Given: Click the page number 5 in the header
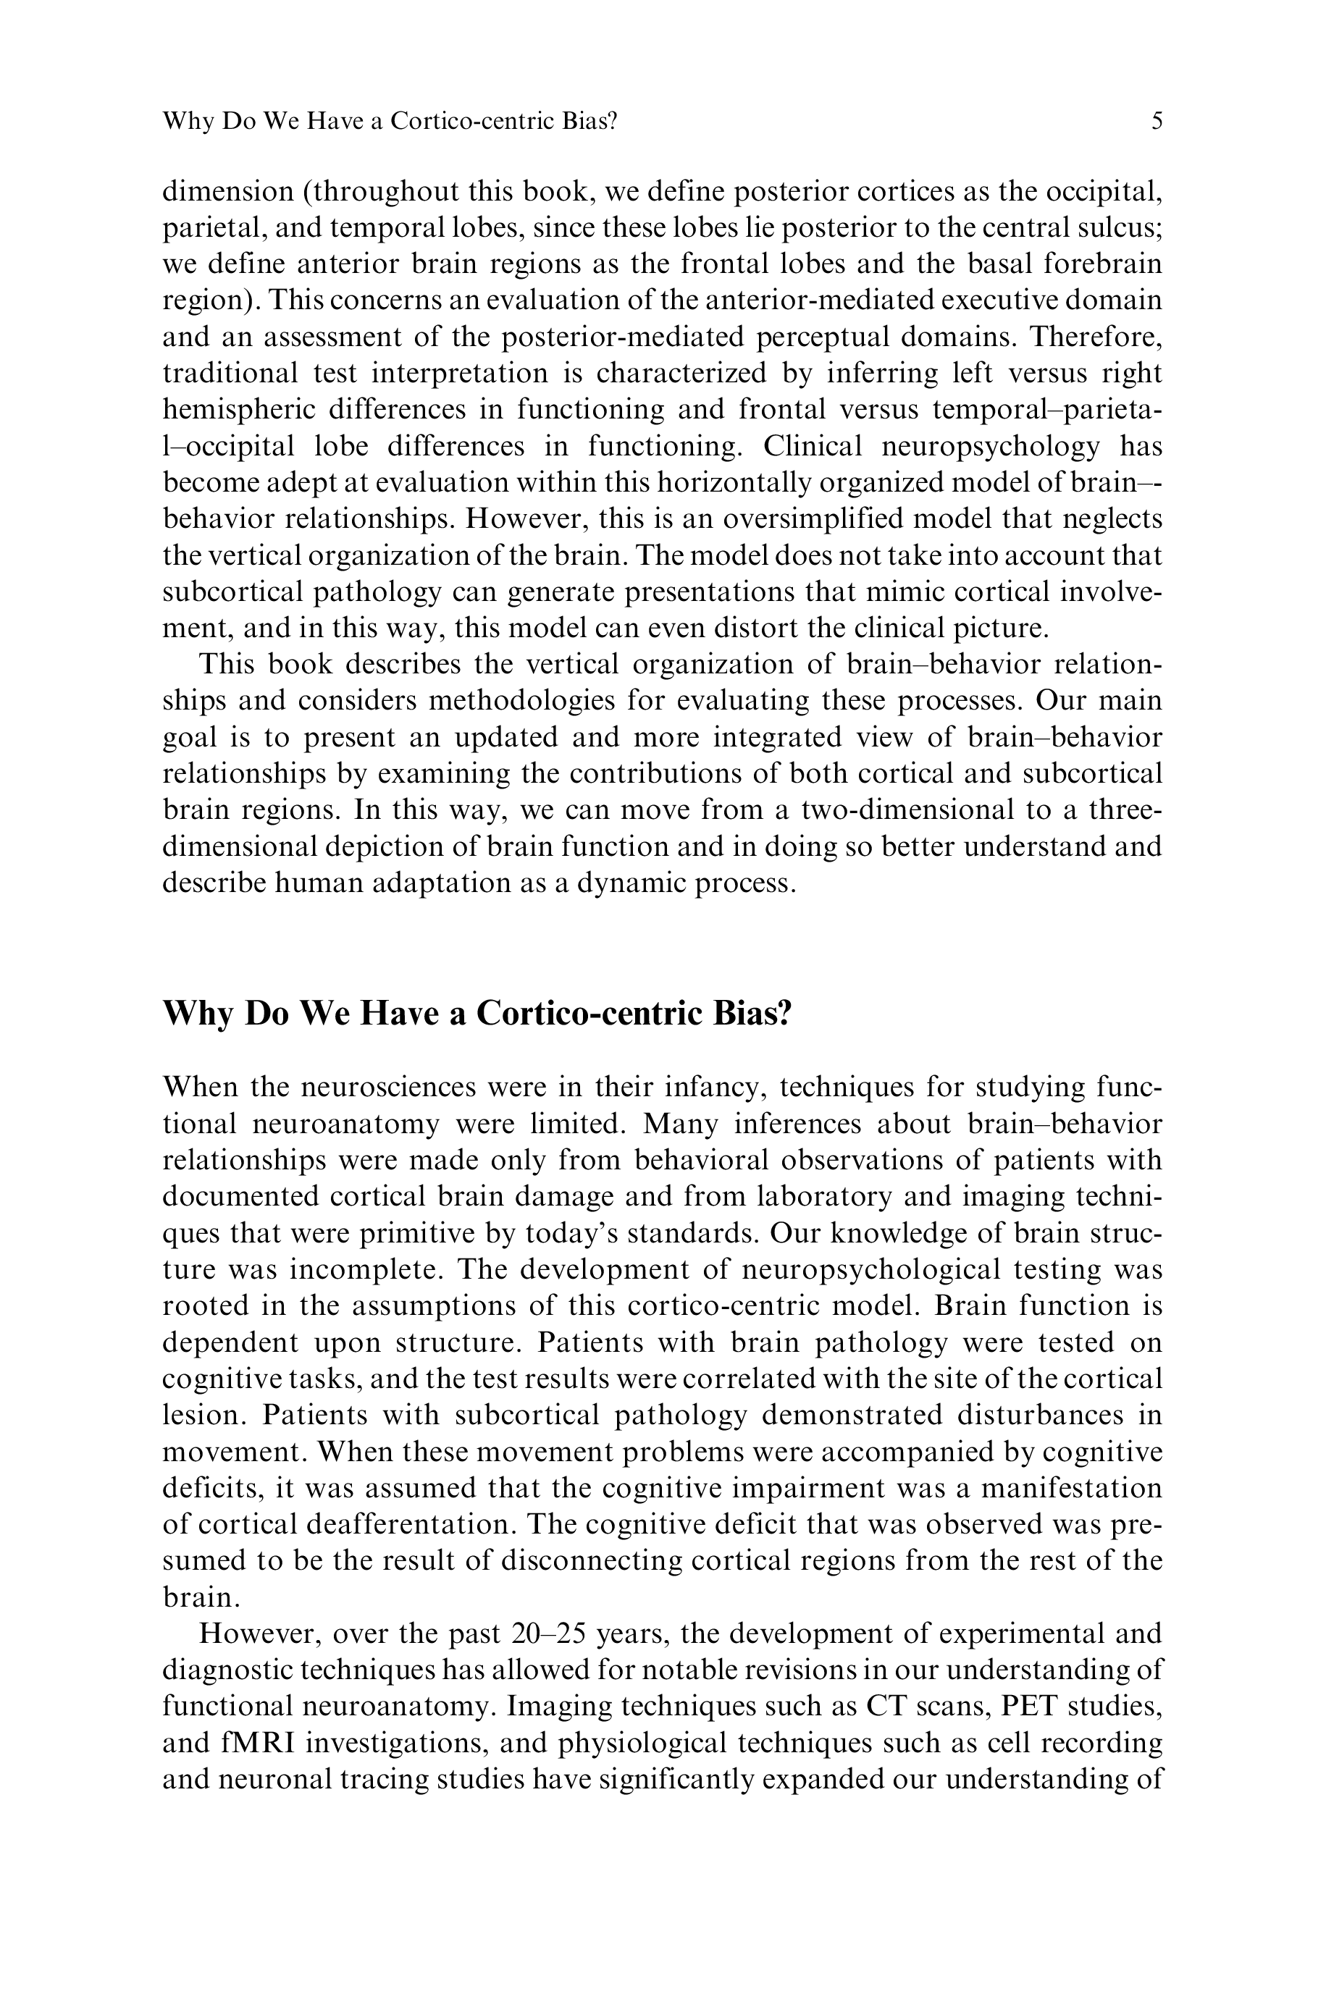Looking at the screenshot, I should pyautogui.click(x=1157, y=121).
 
